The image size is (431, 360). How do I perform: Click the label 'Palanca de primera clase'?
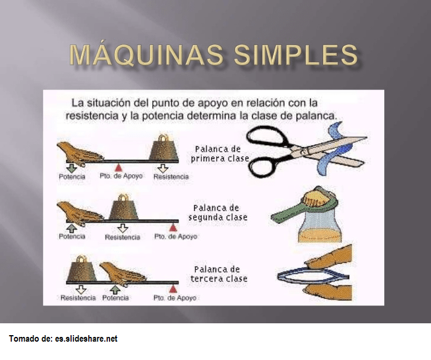pos(220,154)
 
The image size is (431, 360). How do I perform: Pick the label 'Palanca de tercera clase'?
pos(220,274)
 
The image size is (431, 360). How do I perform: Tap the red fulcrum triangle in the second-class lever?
pos(173,227)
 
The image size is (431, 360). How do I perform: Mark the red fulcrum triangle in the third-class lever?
pos(173,288)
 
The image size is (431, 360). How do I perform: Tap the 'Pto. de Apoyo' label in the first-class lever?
pos(121,176)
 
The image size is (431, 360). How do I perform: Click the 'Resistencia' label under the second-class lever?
pos(123,237)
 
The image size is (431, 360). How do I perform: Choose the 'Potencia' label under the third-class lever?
pos(115,298)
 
